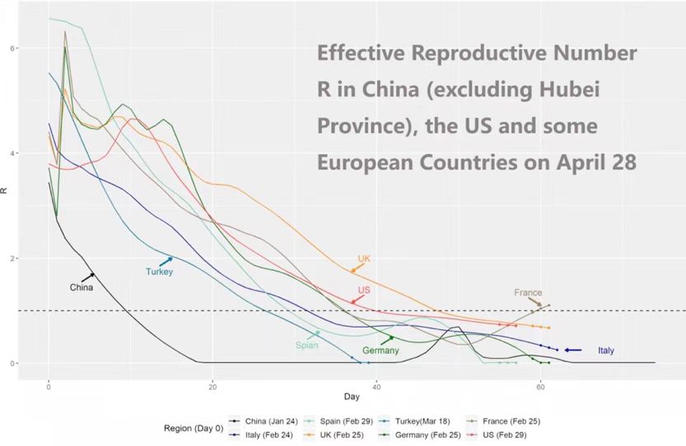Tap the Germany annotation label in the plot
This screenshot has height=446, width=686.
380,351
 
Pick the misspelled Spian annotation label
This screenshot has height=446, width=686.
307,346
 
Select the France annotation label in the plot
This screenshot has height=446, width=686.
528,293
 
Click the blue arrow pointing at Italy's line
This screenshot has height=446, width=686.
573,351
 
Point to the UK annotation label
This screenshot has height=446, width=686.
364,258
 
